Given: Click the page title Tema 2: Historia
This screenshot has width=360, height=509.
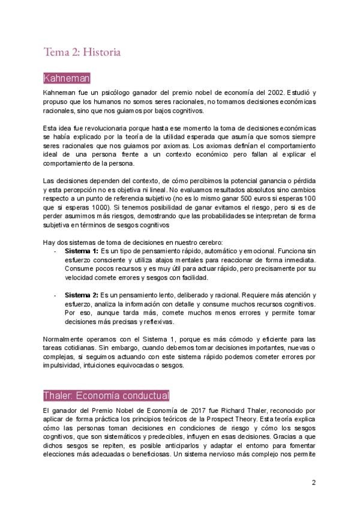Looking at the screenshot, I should coord(82,53).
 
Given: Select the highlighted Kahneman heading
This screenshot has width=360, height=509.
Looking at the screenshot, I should coord(67,79).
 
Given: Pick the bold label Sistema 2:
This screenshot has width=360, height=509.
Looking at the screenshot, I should coord(82,295).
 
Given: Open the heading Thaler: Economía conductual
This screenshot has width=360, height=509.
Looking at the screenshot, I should coord(106,396).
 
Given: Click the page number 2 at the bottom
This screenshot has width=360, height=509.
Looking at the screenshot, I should coord(314,482).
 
